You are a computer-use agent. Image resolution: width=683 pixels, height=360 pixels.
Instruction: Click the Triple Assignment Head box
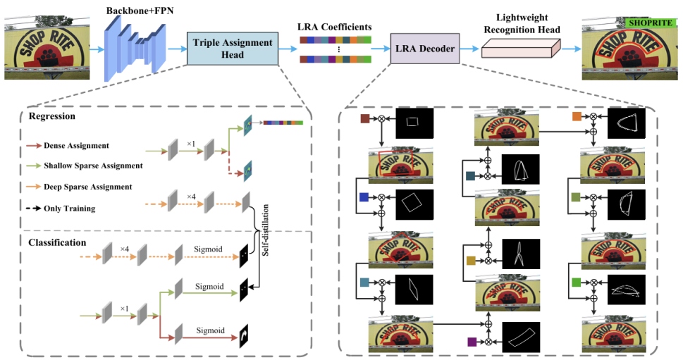pos(233,48)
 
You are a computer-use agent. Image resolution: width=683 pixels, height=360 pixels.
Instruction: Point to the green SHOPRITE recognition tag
pos(649,23)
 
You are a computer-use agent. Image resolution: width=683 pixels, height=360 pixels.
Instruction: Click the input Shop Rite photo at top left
pos(47,49)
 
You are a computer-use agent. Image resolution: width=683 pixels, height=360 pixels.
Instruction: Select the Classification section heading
pos(57,242)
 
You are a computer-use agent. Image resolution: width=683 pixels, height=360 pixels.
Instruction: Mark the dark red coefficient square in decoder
pos(365,119)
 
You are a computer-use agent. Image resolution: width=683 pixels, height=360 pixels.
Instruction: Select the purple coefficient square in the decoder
pos(472,342)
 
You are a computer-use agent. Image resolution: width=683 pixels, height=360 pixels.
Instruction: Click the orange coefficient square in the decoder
pos(577,116)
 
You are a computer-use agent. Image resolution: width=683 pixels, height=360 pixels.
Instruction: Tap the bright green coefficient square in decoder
pos(577,282)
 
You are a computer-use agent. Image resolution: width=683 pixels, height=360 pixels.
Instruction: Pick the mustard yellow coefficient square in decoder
pos(472,261)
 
